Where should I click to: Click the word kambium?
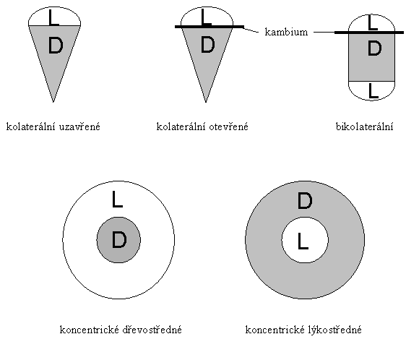286,32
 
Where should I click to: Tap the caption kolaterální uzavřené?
53,127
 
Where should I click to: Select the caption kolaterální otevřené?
202,127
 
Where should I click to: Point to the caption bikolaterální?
364,127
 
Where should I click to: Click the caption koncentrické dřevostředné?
121,330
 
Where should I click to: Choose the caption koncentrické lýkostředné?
303,330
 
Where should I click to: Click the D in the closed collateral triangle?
56,46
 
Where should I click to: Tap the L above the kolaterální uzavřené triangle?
54,17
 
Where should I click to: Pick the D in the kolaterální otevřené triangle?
207,45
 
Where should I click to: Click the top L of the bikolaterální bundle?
373,22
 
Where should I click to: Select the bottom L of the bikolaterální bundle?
373,90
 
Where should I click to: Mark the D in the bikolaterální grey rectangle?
374,48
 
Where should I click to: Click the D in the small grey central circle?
119,240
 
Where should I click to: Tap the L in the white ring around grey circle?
117,199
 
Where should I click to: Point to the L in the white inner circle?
303,241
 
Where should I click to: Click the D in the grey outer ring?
305,201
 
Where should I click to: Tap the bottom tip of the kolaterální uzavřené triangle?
53,103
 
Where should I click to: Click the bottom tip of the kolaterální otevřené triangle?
206,103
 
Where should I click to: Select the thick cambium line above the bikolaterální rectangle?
369,33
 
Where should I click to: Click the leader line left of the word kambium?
251,30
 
